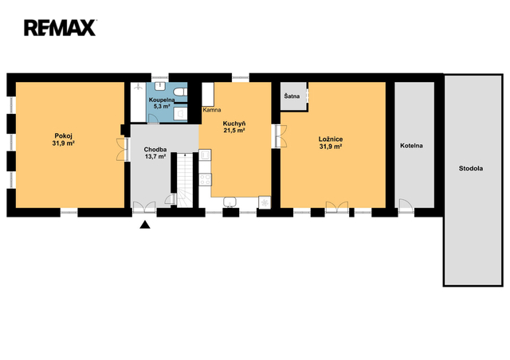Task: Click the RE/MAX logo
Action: [x=60, y=28]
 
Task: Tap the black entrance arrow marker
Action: [x=145, y=225]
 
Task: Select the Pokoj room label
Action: [x=63, y=135]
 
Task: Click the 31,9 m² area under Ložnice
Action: [x=331, y=147]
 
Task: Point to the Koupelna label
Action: [x=162, y=100]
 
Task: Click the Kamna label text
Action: [x=212, y=110]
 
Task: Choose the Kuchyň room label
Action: [x=233, y=123]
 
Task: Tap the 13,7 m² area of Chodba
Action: [x=155, y=156]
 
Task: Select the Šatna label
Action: [x=292, y=96]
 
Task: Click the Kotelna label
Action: [x=411, y=146]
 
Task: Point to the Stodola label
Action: [x=471, y=169]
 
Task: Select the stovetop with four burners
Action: [x=206, y=179]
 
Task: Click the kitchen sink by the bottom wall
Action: [x=230, y=202]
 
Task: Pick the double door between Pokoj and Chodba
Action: [x=122, y=149]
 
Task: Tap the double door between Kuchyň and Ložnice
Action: [x=280, y=136]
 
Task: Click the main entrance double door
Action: [x=144, y=207]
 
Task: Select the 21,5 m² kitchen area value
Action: [x=233, y=131]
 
